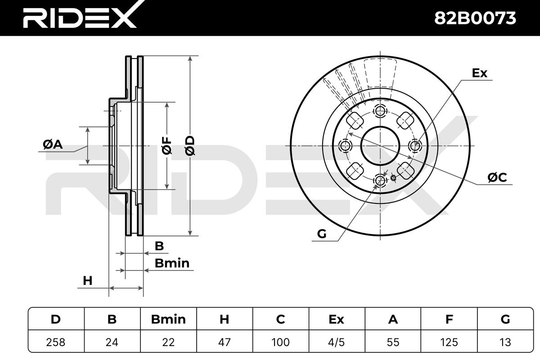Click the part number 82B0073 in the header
pos(475,18)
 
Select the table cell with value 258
pos(56,342)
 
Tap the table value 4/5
pos(337,342)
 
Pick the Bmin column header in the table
pos(168,319)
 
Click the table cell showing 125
pos(449,342)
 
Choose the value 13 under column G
pos(505,342)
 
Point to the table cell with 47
pos(225,342)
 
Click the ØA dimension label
pos(53,144)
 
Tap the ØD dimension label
pos(190,146)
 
